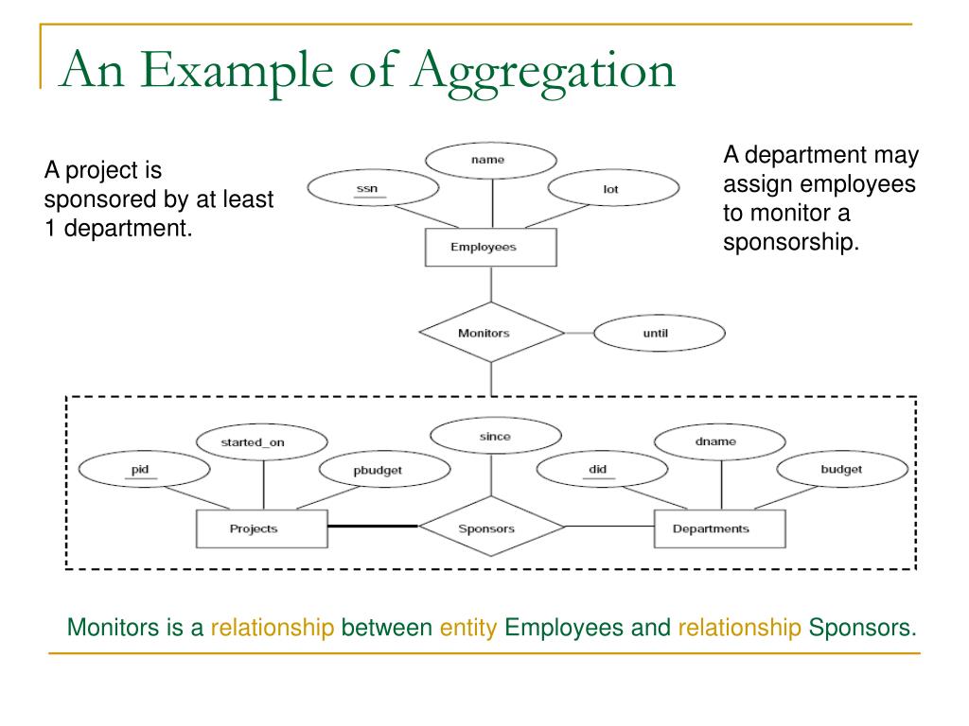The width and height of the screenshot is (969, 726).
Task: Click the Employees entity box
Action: pyautogui.click(x=490, y=248)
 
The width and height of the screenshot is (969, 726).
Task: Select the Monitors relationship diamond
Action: pyautogui.click(x=490, y=333)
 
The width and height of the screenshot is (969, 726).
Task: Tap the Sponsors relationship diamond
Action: pyautogui.click(x=486, y=528)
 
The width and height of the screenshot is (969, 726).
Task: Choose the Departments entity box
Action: pyautogui.click(x=718, y=528)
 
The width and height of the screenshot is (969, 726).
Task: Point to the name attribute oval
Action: pyautogui.click(x=487, y=160)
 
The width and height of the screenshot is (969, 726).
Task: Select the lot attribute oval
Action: pyautogui.click(x=611, y=190)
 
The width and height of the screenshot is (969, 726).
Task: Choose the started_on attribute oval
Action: pyautogui.click(x=262, y=441)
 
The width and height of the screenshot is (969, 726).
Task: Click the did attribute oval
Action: pyautogui.click(x=597, y=469)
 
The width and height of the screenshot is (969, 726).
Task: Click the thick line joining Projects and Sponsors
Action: pyautogui.click(x=373, y=526)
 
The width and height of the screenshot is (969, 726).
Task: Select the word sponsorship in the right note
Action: pyautogui.click(x=791, y=242)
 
